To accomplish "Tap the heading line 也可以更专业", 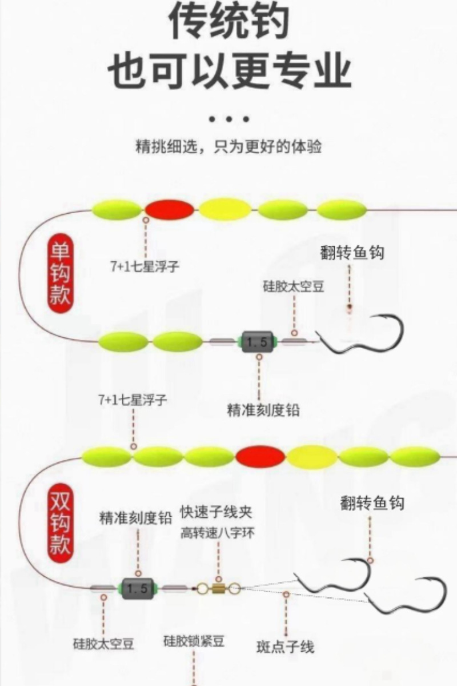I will coord(228,71).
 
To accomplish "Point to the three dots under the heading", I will coord(228,119).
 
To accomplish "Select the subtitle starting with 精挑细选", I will coord(228,146).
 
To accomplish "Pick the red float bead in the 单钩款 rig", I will coord(170,209).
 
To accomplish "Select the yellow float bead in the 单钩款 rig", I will coord(225,209).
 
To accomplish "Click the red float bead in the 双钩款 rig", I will coord(260,456).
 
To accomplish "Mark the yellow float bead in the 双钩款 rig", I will coord(311,456).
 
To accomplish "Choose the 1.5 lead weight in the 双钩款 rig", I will coord(137,587).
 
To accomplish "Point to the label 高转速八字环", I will coord(218,533).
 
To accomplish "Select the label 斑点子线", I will coord(285,647).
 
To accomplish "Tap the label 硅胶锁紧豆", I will coord(194,641).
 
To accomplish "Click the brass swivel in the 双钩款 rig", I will coord(218,587).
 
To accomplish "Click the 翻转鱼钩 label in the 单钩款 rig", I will coord(351,252).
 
